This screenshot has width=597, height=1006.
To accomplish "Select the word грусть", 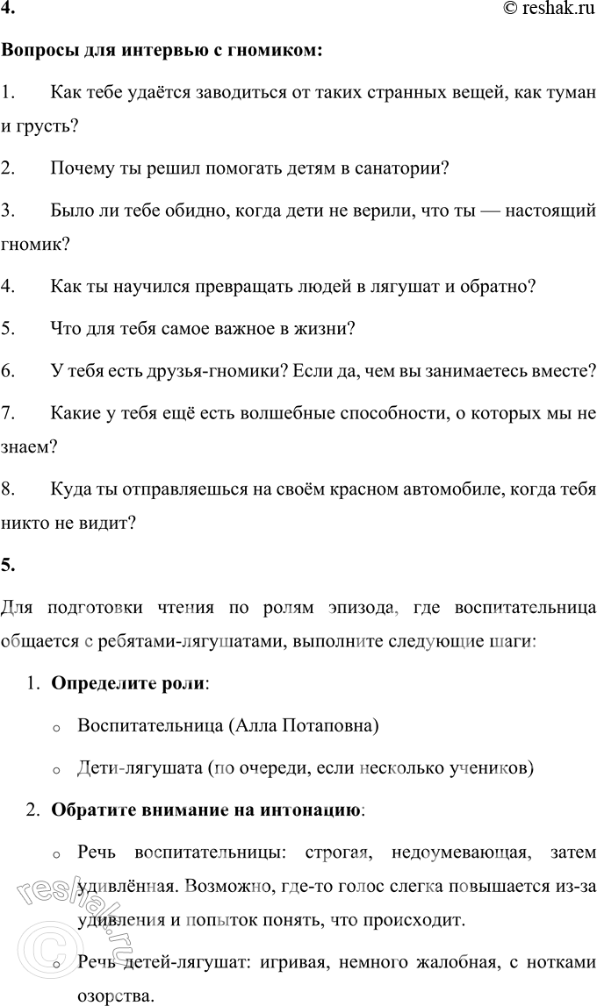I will pos(50,126).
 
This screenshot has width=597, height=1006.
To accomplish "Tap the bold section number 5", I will pos(7,565).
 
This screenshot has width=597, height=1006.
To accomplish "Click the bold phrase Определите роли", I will pos(129,682).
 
